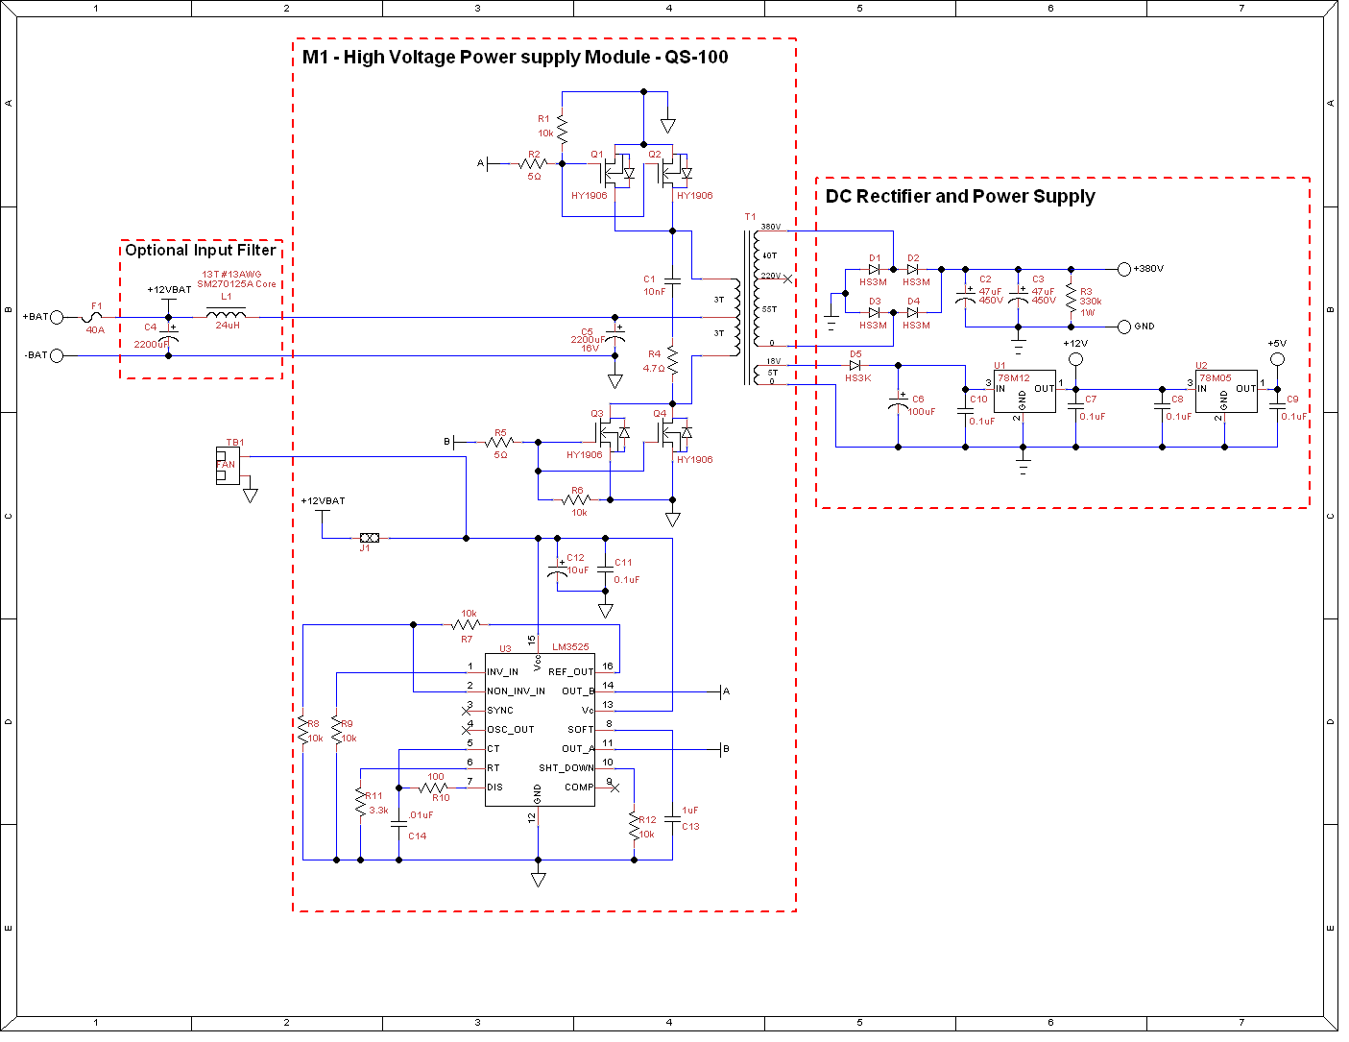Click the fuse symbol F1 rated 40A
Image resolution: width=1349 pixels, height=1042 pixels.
[95, 316]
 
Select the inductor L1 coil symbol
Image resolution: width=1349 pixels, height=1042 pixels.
[227, 313]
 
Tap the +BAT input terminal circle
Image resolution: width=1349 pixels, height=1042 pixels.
[57, 317]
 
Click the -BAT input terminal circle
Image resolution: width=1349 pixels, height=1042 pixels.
[57, 355]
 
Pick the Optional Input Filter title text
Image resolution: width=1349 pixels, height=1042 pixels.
[201, 250]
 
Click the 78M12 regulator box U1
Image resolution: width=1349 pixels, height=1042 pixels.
[1024, 392]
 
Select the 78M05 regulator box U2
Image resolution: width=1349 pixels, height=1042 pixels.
[1225, 392]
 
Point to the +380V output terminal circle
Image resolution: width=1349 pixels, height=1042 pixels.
[1124, 269]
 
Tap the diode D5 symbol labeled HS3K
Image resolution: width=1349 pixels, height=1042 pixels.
[855, 365]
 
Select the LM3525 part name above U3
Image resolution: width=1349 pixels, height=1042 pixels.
[570, 647]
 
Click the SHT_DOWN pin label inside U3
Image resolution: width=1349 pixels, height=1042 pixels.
[566, 768]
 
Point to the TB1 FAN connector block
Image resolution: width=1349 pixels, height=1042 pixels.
[228, 466]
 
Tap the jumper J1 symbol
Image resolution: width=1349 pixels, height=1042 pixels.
[369, 538]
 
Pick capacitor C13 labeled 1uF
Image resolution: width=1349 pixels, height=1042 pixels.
[672, 818]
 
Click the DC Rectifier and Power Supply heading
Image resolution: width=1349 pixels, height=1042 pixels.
[960, 197]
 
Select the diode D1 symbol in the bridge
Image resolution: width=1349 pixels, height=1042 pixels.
[874, 269]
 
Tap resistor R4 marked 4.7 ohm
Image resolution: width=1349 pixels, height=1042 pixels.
[673, 362]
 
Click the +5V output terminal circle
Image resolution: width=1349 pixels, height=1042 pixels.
[1277, 359]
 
